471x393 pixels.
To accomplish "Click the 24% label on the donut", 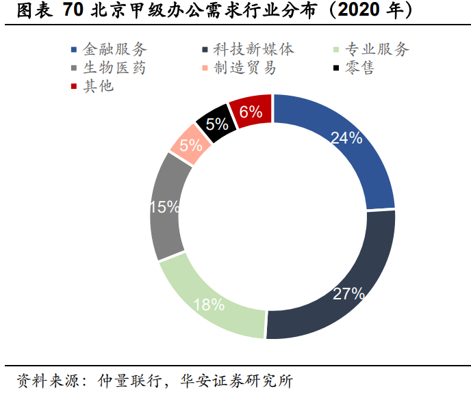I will pos(346,138).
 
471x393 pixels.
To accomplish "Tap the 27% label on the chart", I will pos(348,295).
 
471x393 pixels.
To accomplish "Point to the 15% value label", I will pos(164,207).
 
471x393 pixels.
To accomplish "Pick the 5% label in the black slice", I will pos(216,124).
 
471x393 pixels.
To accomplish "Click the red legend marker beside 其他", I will pos(74,87).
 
